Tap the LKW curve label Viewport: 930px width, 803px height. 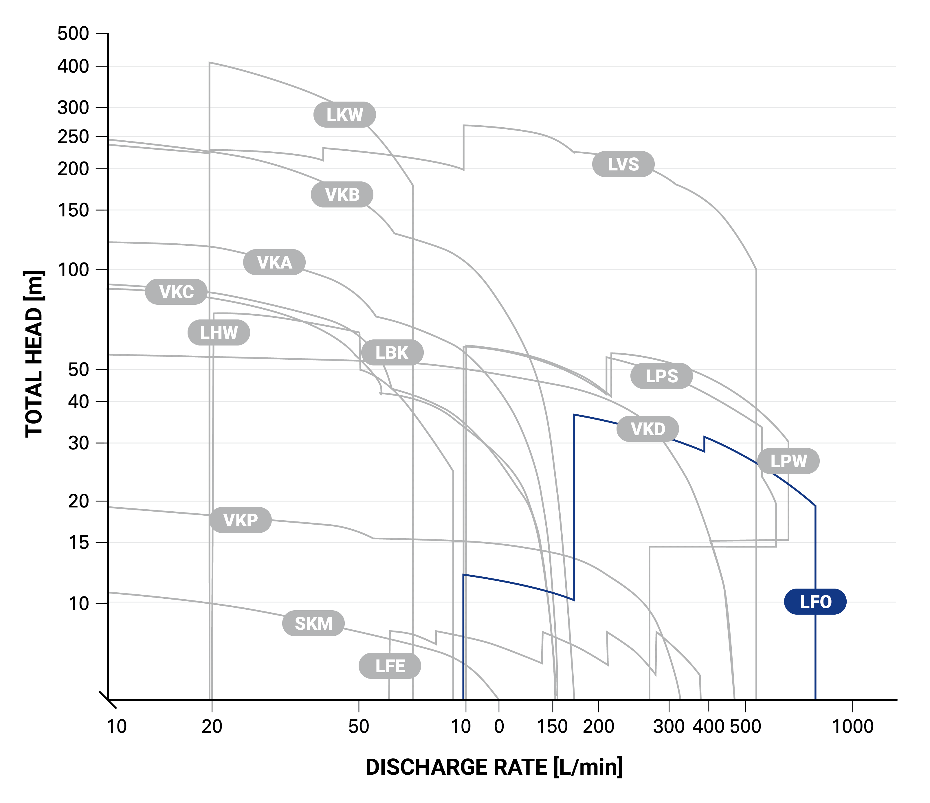[x=344, y=115]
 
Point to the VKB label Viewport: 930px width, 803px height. [x=342, y=195]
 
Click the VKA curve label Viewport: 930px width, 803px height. [x=274, y=262]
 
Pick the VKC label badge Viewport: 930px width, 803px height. [x=176, y=292]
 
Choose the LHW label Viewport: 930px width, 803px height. [x=219, y=333]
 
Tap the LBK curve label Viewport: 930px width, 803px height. [x=392, y=353]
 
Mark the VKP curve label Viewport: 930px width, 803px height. [x=240, y=520]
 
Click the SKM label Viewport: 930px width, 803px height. [x=313, y=624]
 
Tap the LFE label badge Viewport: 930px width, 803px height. [x=390, y=666]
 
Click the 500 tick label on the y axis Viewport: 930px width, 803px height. [x=73, y=34]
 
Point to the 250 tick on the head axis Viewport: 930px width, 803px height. [x=73, y=137]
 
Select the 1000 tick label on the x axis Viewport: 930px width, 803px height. [x=852, y=726]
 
